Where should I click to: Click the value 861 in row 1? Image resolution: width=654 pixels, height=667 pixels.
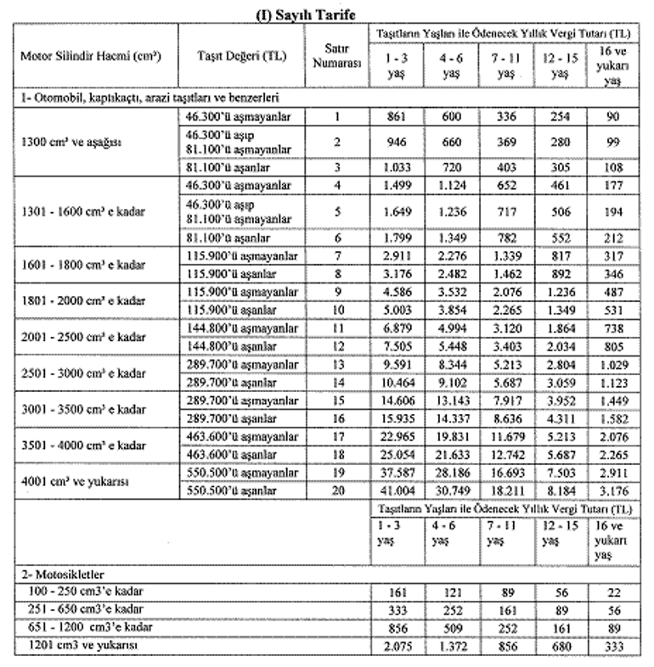(393, 116)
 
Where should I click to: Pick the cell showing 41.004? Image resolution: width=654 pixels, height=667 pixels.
(393, 491)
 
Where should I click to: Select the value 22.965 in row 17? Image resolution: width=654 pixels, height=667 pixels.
(393, 435)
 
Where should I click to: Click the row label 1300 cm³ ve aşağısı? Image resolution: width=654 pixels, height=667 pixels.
(71, 142)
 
